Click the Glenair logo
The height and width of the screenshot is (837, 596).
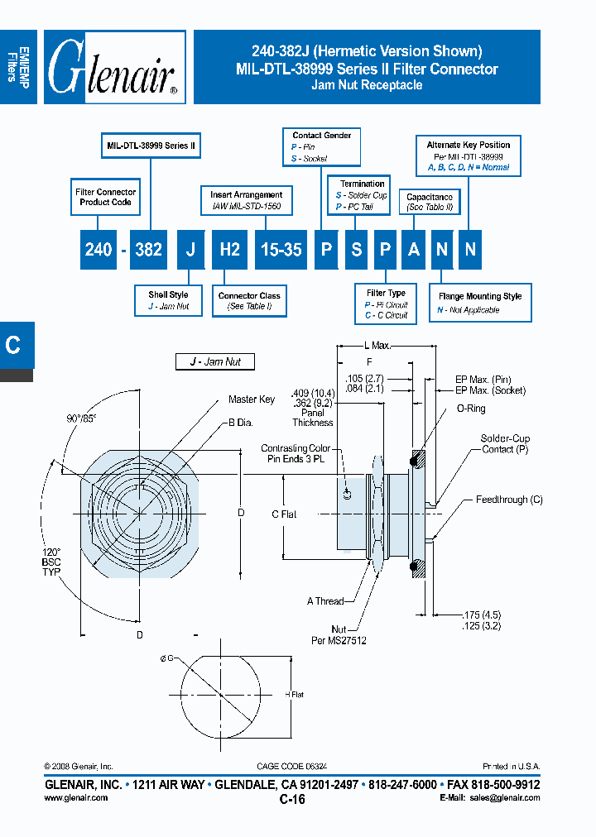[113, 68]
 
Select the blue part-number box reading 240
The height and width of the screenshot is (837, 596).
[99, 249]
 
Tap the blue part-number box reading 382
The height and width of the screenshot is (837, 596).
[148, 249]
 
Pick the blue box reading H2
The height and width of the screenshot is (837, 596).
[229, 249]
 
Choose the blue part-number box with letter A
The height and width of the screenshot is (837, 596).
[414, 249]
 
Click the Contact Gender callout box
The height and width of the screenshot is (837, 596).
[322, 146]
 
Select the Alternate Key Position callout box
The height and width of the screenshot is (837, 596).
[469, 155]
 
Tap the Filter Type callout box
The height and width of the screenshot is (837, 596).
[386, 304]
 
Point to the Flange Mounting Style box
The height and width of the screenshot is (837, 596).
[480, 303]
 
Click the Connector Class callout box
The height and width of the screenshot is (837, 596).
[249, 301]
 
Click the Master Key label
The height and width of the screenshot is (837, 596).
[252, 399]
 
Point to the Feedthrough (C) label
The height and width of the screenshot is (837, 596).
[509, 500]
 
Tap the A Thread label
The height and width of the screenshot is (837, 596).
[324, 601]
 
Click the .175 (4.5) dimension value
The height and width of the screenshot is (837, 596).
[483, 615]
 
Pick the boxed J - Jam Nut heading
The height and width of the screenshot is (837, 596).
[214, 362]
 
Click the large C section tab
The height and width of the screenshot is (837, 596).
[14, 345]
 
